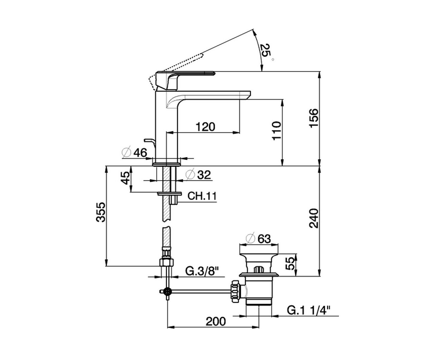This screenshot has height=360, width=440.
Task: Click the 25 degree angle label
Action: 266,52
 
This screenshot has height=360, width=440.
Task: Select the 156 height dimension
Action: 314,118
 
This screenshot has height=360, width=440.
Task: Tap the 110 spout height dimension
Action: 277,130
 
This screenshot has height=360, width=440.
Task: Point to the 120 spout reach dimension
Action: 205,127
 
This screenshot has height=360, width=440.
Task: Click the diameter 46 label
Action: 135,153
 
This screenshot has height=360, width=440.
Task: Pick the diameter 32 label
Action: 199,175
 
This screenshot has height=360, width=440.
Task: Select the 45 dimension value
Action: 126,178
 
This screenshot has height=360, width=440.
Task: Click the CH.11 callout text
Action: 202,196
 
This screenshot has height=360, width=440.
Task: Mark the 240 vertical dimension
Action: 314,218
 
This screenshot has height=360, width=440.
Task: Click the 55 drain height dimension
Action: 290,263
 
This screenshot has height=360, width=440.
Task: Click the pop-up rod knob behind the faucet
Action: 150,141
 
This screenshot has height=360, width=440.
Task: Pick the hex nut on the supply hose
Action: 166,262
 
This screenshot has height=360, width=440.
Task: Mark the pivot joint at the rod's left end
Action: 167,291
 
